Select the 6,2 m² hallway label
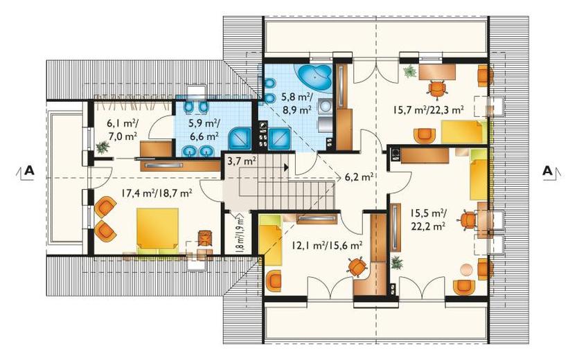tap(359, 177)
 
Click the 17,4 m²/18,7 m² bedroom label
tap(157, 192)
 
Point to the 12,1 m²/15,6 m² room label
tap(327, 244)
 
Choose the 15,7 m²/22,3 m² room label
tap(428, 109)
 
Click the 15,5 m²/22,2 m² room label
tap(428, 219)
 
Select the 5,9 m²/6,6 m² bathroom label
tap(204, 129)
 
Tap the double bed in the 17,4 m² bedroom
tap(157, 231)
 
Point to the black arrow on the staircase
tap(285, 168)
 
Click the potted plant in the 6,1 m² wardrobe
tap(103, 147)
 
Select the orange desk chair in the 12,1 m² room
tap(356, 267)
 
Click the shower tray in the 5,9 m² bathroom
tap(240, 139)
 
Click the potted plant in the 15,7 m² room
tap(409, 71)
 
